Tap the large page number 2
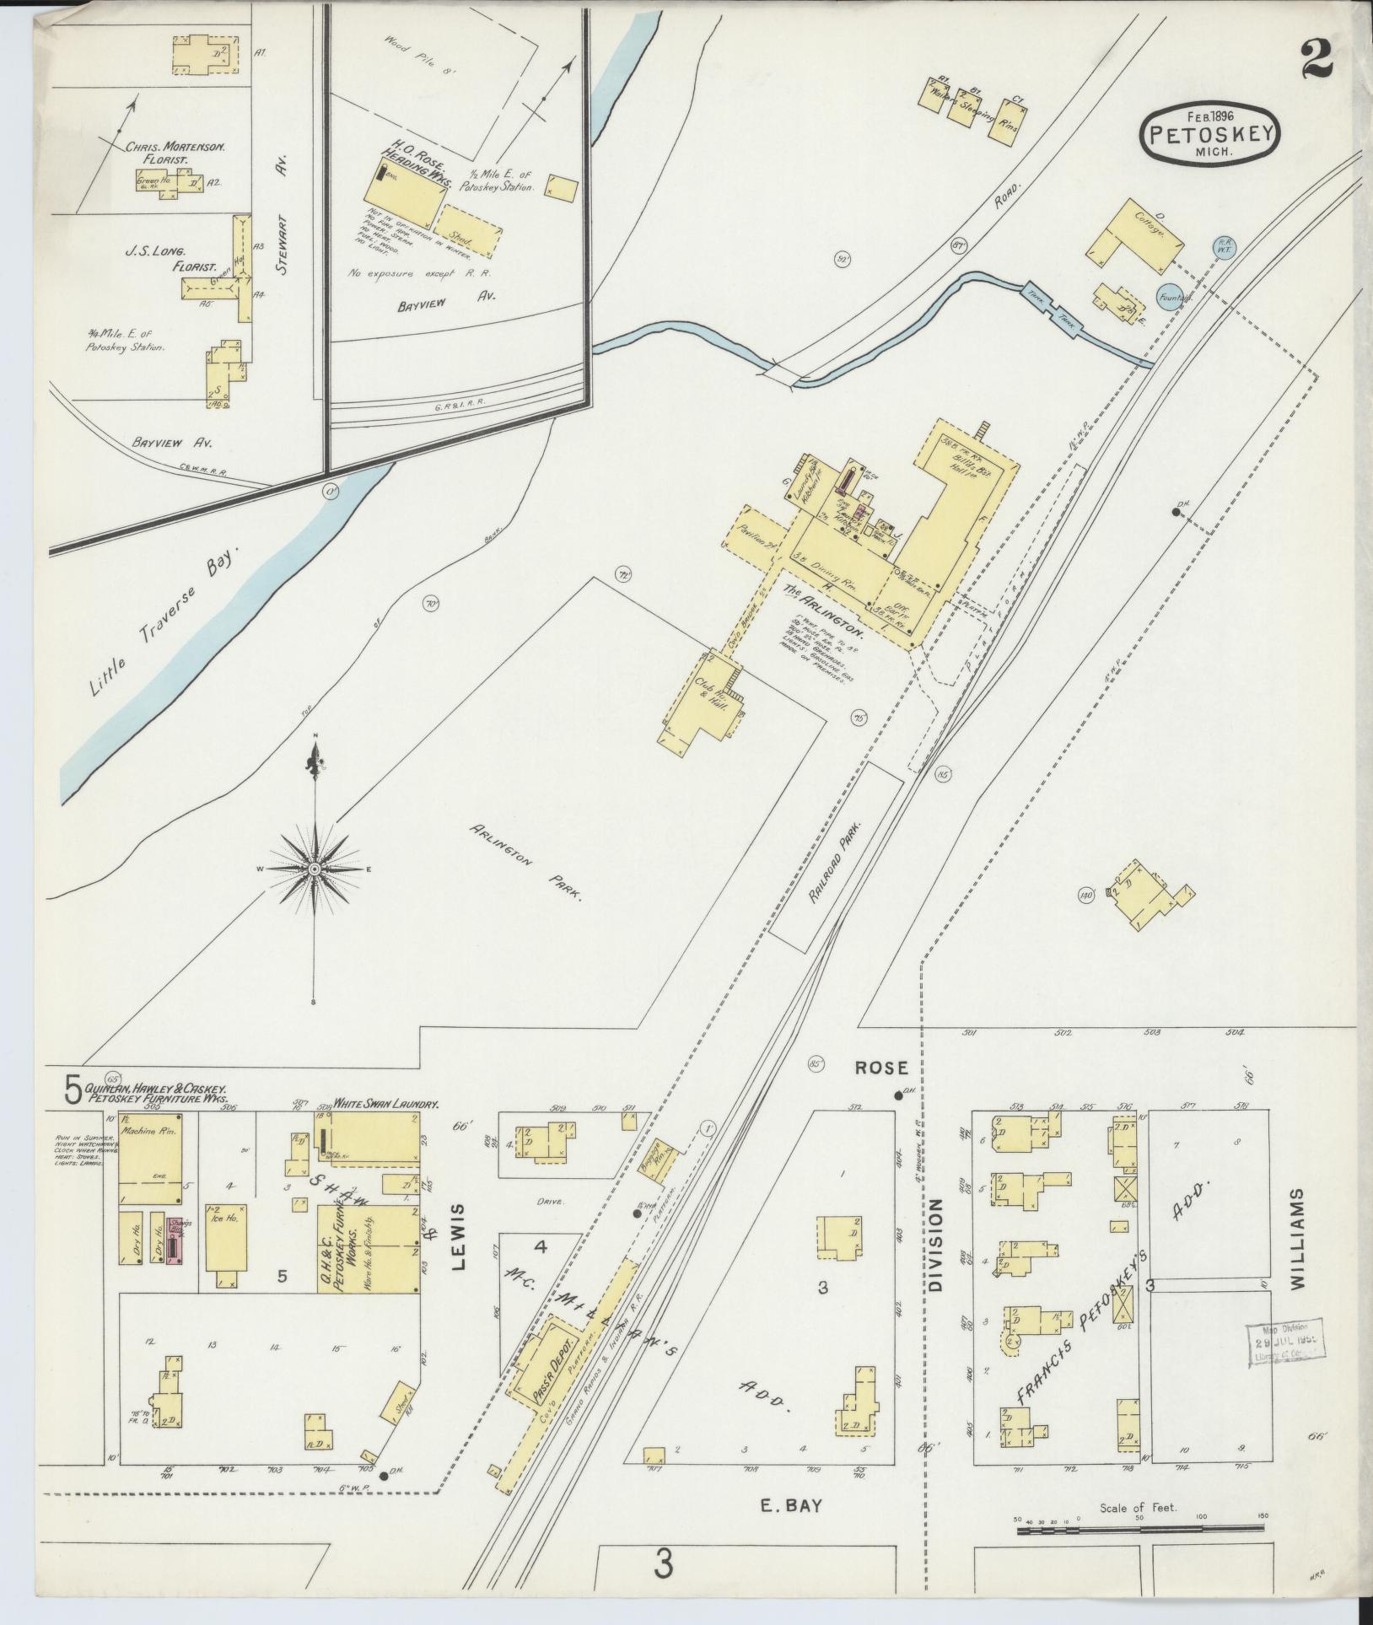click(1315, 58)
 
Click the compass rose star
click(314, 869)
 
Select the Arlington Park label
click(526, 864)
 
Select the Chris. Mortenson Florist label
click(175, 153)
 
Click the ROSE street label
click(881, 1068)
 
